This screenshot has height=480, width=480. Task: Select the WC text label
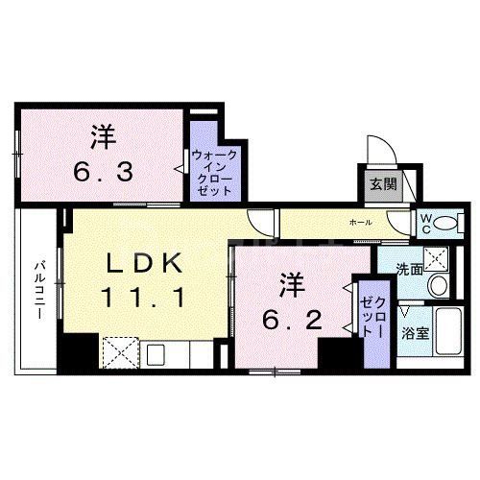[423, 223]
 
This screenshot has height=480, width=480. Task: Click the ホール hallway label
[362, 223]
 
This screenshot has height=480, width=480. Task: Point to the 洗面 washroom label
[410, 270]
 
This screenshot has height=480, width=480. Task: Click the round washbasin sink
[438, 285]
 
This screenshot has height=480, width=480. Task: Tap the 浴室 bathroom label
[415, 335]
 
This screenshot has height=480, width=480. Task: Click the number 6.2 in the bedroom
[287, 316]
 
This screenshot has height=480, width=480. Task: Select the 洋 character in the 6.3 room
[102, 136]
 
